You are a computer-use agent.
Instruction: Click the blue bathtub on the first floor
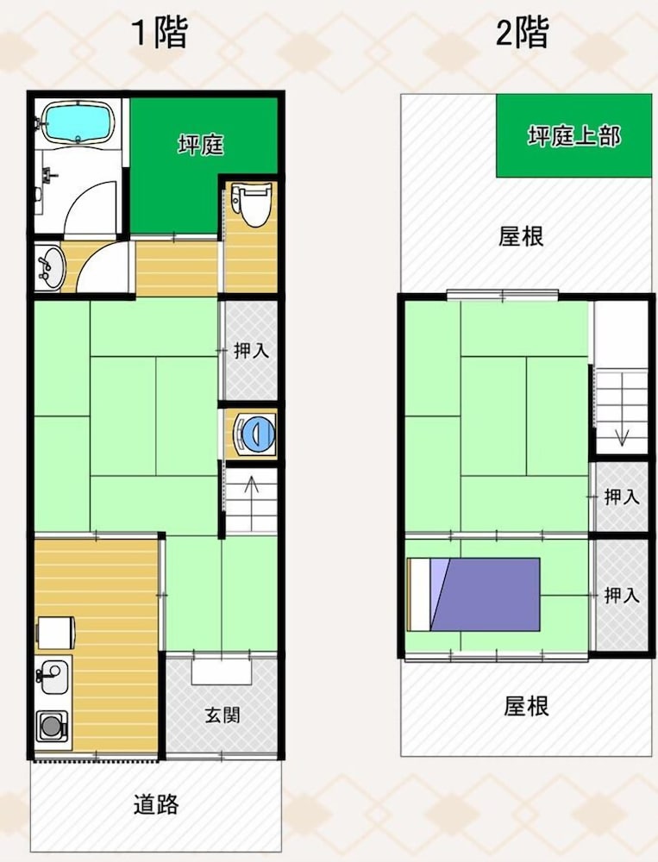(x=77, y=125)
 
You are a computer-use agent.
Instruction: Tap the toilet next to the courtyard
(x=252, y=204)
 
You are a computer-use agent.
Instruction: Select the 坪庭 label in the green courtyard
(x=201, y=145)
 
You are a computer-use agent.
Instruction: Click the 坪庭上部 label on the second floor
(x=573, y=136)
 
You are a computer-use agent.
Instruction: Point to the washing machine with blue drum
(x=254, y=434)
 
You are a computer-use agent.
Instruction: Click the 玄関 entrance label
(x=222, y=715)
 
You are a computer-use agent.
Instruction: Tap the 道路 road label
(x=156, y=804)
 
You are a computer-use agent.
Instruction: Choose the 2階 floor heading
(x=522, y=33)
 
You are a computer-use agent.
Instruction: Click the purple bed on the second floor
(x=473, y=595)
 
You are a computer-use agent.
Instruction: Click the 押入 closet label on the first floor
(x=251, y=350)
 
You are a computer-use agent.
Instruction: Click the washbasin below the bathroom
(x=49, y=266)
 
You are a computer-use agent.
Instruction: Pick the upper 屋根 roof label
(x=521, y=236)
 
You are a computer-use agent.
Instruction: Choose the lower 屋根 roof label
(x=527, y=706)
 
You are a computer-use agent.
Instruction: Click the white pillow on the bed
(x=419, y=595)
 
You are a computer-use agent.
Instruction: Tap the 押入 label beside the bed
(x=622, y=595)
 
